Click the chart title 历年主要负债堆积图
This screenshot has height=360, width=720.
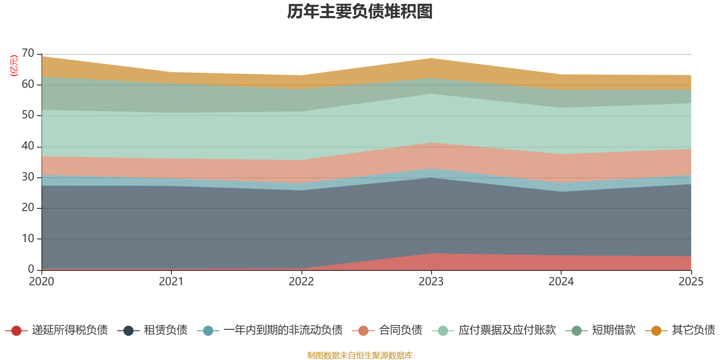tap(360, 12)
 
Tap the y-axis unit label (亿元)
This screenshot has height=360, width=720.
tap(14, 66)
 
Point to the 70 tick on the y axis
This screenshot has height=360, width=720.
tap(28, 54)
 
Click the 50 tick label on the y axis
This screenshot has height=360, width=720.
tap(28, 115)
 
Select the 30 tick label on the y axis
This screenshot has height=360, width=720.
tap(28, 177)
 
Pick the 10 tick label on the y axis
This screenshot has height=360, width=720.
tap(28, 238)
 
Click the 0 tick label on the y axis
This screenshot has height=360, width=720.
tap(31, 269)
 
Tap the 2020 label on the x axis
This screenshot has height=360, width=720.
tap(41, 282)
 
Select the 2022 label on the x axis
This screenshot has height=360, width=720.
tap(301, 282)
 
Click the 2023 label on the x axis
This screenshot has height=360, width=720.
tap(431, 282)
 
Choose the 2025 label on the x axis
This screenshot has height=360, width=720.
tap(691, 282)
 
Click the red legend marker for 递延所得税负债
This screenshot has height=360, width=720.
tap(17, 331)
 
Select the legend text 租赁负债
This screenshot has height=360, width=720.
tap(166, 330)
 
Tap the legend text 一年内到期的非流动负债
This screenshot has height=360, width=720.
tap(283, 330)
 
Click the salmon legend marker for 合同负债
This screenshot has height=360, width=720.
tap(364, 331)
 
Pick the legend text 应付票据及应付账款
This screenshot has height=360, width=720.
tap(507, 330)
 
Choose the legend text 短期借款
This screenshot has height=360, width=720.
tap(613, 330)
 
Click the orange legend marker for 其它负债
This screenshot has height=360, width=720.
tap(656, 331)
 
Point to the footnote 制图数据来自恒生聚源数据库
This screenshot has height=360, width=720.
tap(360, 355)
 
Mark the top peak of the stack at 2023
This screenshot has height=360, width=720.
tap(431, 58)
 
